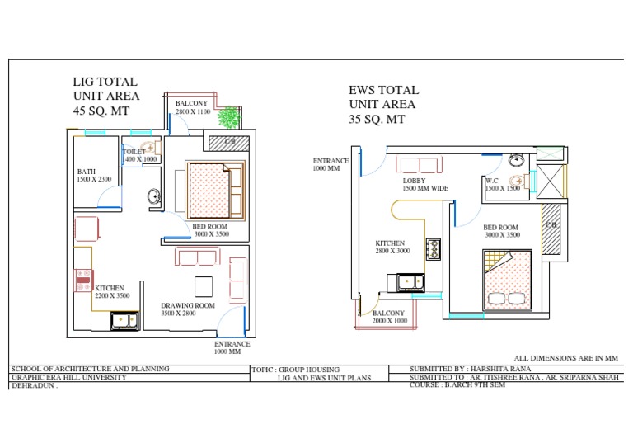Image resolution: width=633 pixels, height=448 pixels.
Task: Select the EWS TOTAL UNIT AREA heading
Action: [x=383, y=104]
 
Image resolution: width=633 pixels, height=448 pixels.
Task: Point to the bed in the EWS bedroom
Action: [x=504, y=282]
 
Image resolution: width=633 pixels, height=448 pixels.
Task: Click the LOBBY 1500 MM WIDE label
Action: [x=425, y=184]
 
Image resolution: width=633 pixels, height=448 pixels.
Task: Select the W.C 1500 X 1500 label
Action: [x=502, y=184]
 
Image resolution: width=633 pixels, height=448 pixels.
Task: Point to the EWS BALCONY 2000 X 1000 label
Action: [x=389, y=317]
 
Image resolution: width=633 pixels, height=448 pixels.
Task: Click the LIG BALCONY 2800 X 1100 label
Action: [x=193, y=106]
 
